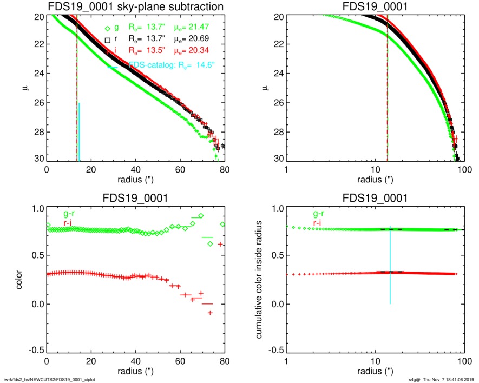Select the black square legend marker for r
tap(108, 39)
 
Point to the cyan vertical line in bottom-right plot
tap(390, 265)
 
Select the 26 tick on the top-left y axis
tap(40, 103)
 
